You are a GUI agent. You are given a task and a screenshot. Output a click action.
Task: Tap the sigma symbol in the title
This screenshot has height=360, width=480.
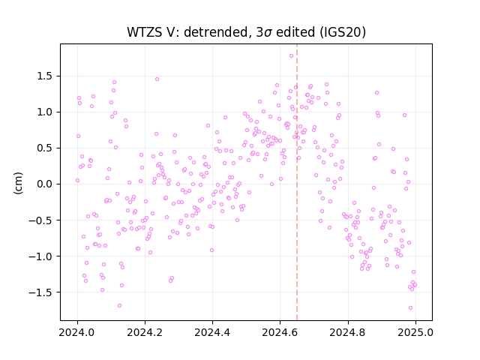coord(268,33)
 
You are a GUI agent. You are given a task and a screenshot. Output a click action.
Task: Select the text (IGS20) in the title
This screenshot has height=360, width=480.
coord(343,32)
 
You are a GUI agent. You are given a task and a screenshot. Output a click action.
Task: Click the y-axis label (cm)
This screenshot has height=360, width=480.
coord(18,183)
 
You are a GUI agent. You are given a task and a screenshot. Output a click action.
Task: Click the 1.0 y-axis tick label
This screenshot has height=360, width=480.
coord(46,112)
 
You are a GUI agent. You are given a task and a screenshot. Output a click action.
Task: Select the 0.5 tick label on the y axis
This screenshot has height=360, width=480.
coord(46,148)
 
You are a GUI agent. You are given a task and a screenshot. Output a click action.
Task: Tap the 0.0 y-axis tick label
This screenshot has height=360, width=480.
coord(46,184)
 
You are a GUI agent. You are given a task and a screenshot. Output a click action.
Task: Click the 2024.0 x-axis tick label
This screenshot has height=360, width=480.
coord(77,332)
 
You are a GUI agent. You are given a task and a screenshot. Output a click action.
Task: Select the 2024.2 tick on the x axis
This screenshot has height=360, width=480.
coord(145,332)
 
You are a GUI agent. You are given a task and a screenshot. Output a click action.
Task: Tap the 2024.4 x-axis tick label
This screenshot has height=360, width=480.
coord(212,332)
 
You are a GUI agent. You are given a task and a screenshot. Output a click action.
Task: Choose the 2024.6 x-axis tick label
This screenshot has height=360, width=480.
coord(280,332)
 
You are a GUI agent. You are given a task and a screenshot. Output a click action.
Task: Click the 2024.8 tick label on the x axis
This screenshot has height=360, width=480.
coord(348,332)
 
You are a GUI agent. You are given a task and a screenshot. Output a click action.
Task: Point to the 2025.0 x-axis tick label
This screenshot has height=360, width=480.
coord(415,332)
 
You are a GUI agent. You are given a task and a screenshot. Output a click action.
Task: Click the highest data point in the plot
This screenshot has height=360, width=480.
coord(292,55)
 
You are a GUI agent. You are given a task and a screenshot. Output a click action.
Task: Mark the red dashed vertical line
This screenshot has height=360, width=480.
coord(297,182)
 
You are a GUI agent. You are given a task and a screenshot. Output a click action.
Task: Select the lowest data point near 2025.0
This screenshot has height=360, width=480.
coord(410,308)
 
